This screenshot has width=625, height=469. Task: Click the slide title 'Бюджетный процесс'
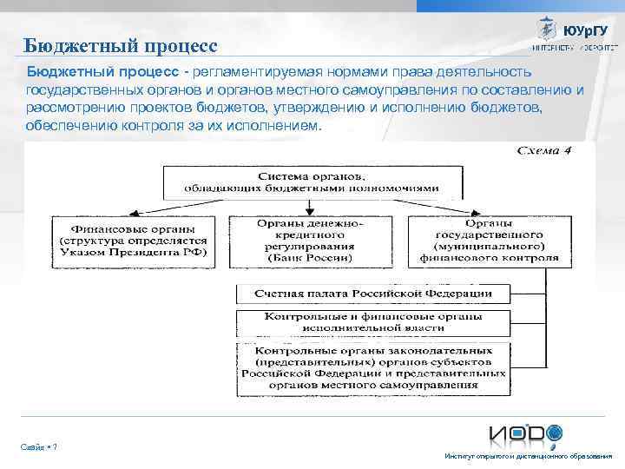point(120,44)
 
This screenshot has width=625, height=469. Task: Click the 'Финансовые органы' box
point(134,240)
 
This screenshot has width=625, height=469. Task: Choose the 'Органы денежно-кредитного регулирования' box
point(310,241)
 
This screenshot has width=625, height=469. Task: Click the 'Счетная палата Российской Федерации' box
point(372,293)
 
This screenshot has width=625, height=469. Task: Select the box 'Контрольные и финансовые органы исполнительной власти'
point(372,322)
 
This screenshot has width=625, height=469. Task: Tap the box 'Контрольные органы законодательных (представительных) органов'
point(372,366)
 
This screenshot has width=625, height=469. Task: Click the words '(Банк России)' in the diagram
point(310,258)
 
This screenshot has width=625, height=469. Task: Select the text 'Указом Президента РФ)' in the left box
point(134,252)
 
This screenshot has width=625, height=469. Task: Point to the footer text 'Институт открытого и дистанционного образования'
point(528,456)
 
